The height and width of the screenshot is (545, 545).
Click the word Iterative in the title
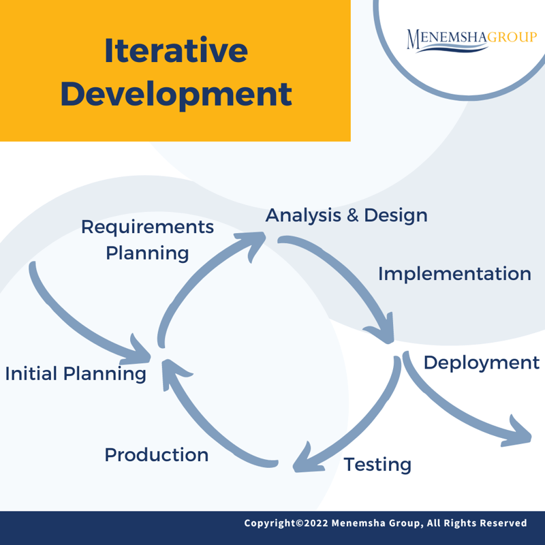point(176,52)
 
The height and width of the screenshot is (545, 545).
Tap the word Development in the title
point(176,95)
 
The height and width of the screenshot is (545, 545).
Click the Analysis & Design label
point(346,215)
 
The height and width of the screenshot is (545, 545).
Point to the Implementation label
point(454,274)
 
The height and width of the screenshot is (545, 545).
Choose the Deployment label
point(481,362)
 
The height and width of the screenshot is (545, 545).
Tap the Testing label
point(377,465)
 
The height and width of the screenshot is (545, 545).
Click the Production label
point(156,454)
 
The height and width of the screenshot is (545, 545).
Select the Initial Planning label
point(76,374)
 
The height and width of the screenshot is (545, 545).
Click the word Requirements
point(147,227)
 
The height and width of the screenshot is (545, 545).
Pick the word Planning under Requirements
point(147,253)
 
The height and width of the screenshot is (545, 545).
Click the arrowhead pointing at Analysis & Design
point(253,243)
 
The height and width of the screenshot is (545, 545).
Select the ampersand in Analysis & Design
point(352,215)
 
